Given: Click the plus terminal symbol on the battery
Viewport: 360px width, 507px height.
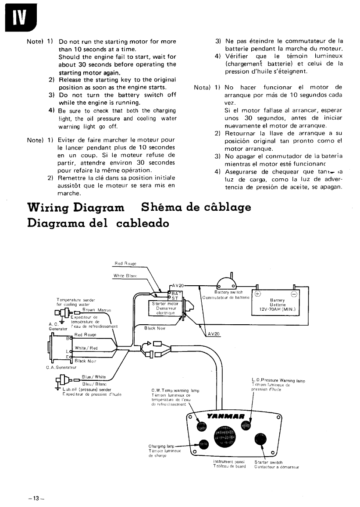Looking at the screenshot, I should [x=257, y=294].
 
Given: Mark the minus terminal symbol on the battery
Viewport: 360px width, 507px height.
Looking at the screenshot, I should [x=295, y=294].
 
